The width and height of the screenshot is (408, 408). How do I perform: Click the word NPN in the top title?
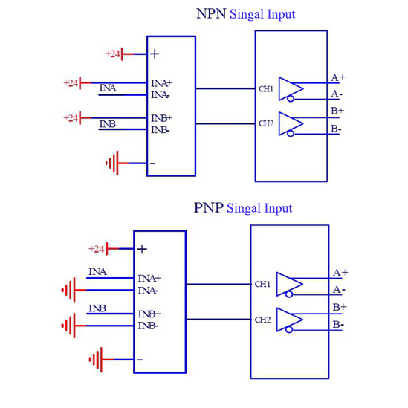[x=211, y=14]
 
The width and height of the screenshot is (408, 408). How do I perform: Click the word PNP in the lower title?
[x=208, y=208]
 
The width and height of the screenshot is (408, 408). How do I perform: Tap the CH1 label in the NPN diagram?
[x=266, y=89]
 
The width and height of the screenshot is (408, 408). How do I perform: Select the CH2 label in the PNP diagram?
[x=262, y=320]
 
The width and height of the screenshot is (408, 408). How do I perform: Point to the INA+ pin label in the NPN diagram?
[x=161, y=83]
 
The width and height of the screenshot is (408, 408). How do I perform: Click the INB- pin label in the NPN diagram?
[x=161, y=129]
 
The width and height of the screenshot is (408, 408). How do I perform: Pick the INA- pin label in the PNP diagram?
[x=148, y=291]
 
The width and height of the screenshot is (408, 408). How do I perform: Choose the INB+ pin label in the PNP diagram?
[x=149, y=314]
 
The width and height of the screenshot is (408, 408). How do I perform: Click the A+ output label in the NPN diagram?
[x=337, y=77]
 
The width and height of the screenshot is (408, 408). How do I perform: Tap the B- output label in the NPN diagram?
[x=336, y=129]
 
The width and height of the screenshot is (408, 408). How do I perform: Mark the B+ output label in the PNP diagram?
[x=340, y=308]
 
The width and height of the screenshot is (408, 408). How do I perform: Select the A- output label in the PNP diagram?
[x=339, y=290]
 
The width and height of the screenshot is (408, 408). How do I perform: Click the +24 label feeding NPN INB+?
[x=71, y=118]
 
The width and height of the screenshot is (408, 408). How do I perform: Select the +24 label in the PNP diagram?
[x=97, y=249]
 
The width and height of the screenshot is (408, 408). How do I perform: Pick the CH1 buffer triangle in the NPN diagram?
[x=291, y=89]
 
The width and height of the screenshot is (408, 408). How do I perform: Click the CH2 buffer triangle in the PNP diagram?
[x=290, y=320]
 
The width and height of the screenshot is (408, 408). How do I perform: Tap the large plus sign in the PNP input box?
[x=142, y=249]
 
